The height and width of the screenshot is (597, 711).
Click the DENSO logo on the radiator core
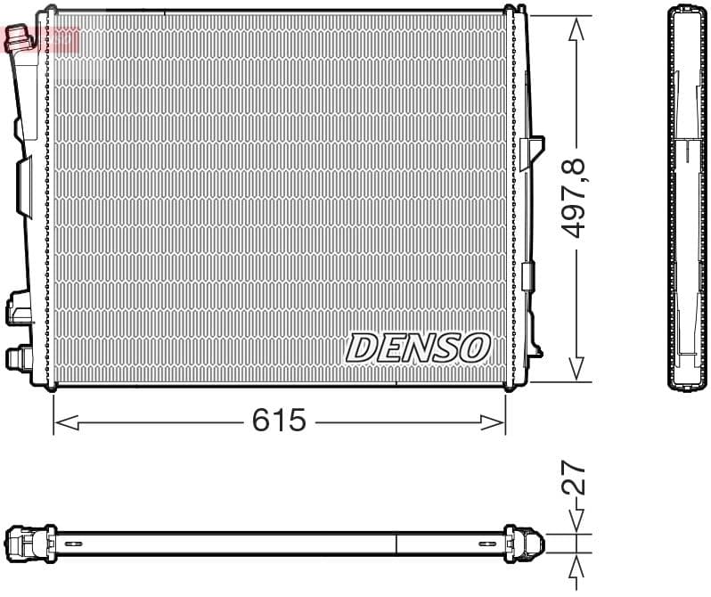(x=418, y=348)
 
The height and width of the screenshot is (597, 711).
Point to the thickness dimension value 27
(x=575, y=478)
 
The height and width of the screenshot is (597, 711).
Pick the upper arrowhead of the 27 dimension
(x=577, y=523)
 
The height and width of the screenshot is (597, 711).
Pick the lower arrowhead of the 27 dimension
(x=577, y=563)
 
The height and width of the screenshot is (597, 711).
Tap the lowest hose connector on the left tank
(x=17, y=357)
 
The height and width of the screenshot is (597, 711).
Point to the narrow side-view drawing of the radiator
(x=687, y=198)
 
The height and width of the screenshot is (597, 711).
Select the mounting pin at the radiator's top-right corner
(x=511, y=11)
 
